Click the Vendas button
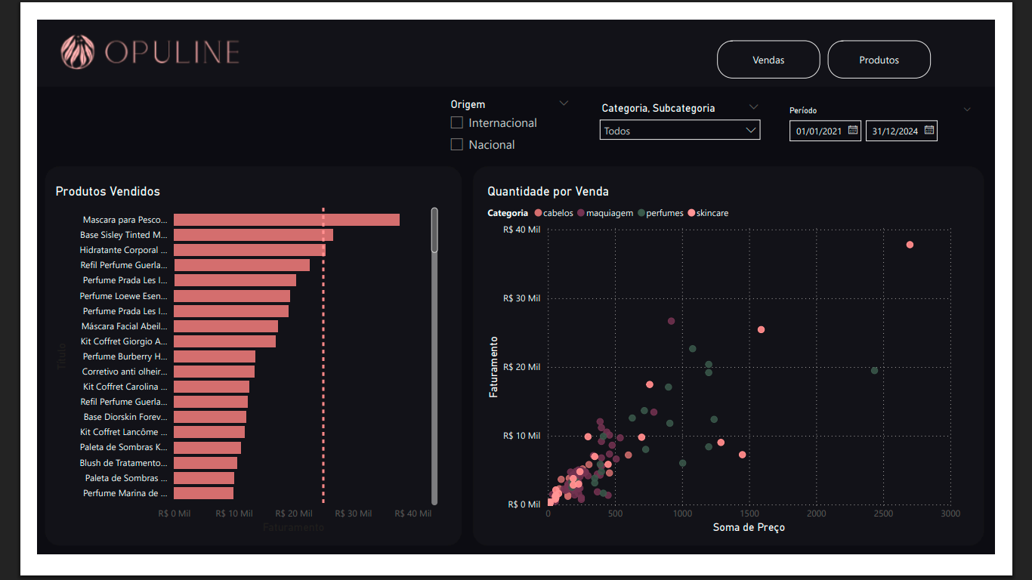tap(768, 60)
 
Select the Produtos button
tap(879, 60)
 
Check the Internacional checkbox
tap(457, 122)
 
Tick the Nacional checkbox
tap(457, 144)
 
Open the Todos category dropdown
tap(680, 131)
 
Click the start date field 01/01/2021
tap(825, 131)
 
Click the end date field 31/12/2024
tap(901, 131)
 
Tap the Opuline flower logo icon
tap(78, 52)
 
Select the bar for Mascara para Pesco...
tap(286, 220)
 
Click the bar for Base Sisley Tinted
tap(253, 235)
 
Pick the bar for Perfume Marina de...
tap(203, 493)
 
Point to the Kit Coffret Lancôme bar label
tap(124, 432)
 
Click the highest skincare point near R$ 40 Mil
tap(910, 245)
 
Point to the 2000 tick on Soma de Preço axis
tap(817, 514)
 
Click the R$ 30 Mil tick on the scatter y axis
tap(521, 298)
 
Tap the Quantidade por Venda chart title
tap(548, 192)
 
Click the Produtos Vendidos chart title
tap(107, 192)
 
